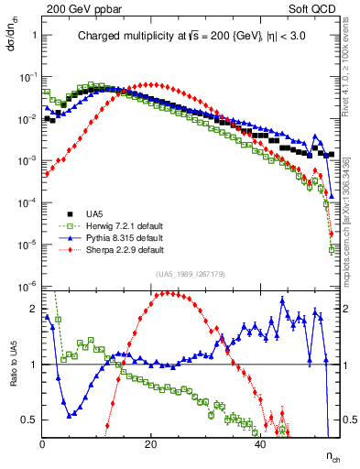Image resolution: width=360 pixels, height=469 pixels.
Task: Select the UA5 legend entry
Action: [96, 213]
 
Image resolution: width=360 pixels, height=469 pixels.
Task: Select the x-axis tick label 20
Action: [151, 443]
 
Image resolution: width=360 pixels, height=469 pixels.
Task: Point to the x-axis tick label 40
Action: [261, 443]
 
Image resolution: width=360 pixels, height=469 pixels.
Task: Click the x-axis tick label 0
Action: [42, 443]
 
